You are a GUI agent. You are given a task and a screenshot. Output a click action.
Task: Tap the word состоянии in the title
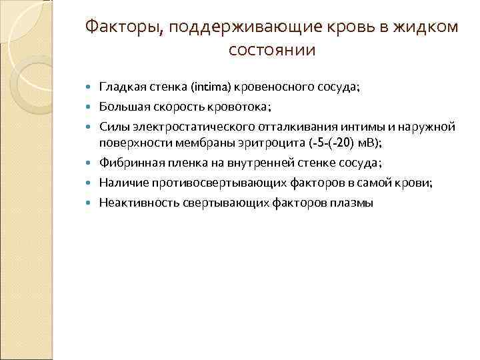tap(272, 50)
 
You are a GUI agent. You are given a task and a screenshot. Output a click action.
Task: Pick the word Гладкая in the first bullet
tap(119, 87)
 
